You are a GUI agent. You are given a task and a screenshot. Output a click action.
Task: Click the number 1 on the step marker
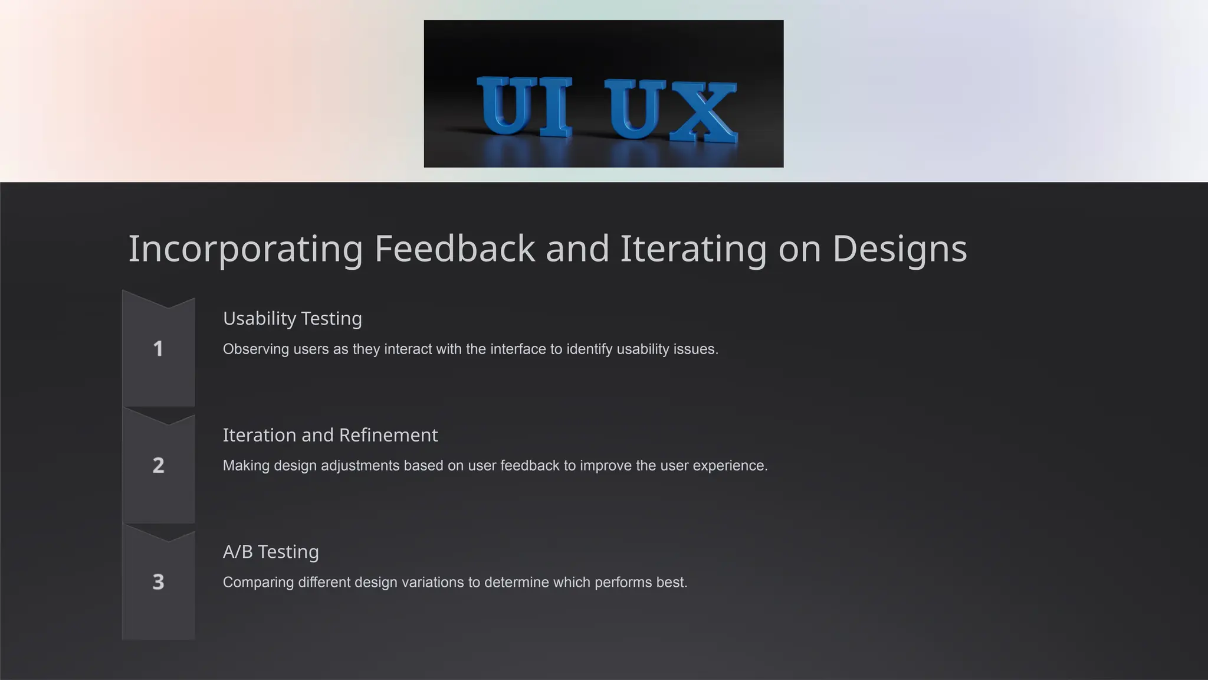pos(158,348)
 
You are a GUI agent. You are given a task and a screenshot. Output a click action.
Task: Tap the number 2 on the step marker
pos(158,465)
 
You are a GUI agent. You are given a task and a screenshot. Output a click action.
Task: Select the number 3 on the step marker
pos(158,582)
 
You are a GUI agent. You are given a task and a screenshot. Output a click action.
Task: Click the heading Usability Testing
pos(292,318)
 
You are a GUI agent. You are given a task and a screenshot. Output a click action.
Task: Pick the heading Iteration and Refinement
pos(330,435)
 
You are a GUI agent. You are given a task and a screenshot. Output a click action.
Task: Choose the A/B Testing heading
pos(271,551)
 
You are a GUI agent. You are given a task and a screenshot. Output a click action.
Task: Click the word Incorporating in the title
pos(245,249)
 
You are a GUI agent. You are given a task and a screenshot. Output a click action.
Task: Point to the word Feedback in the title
pos(454,249)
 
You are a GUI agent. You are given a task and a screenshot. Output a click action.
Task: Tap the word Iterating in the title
pos(693,249)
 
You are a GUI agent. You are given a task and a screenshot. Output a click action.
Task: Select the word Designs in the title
pos(900,249)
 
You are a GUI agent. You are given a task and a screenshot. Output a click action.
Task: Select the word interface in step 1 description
pos(518,349)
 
